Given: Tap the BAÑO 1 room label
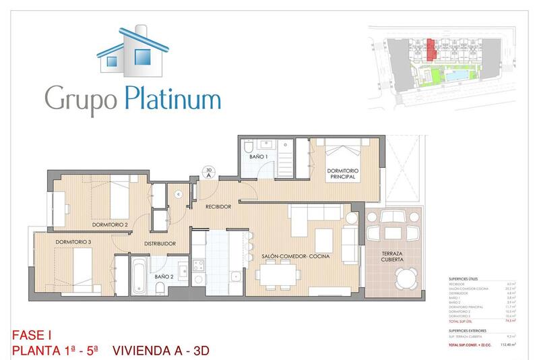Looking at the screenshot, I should pos(259,156).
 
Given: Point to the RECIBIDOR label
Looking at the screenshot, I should pos(219,207).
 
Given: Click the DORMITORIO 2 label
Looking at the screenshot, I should pos(110,224).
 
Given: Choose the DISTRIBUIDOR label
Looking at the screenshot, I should pos(160,243).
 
